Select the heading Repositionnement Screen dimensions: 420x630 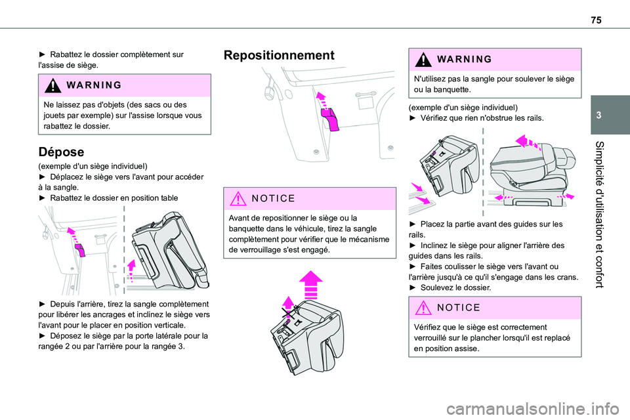[x=280, y=55]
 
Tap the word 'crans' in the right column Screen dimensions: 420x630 [x=566, y=277]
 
